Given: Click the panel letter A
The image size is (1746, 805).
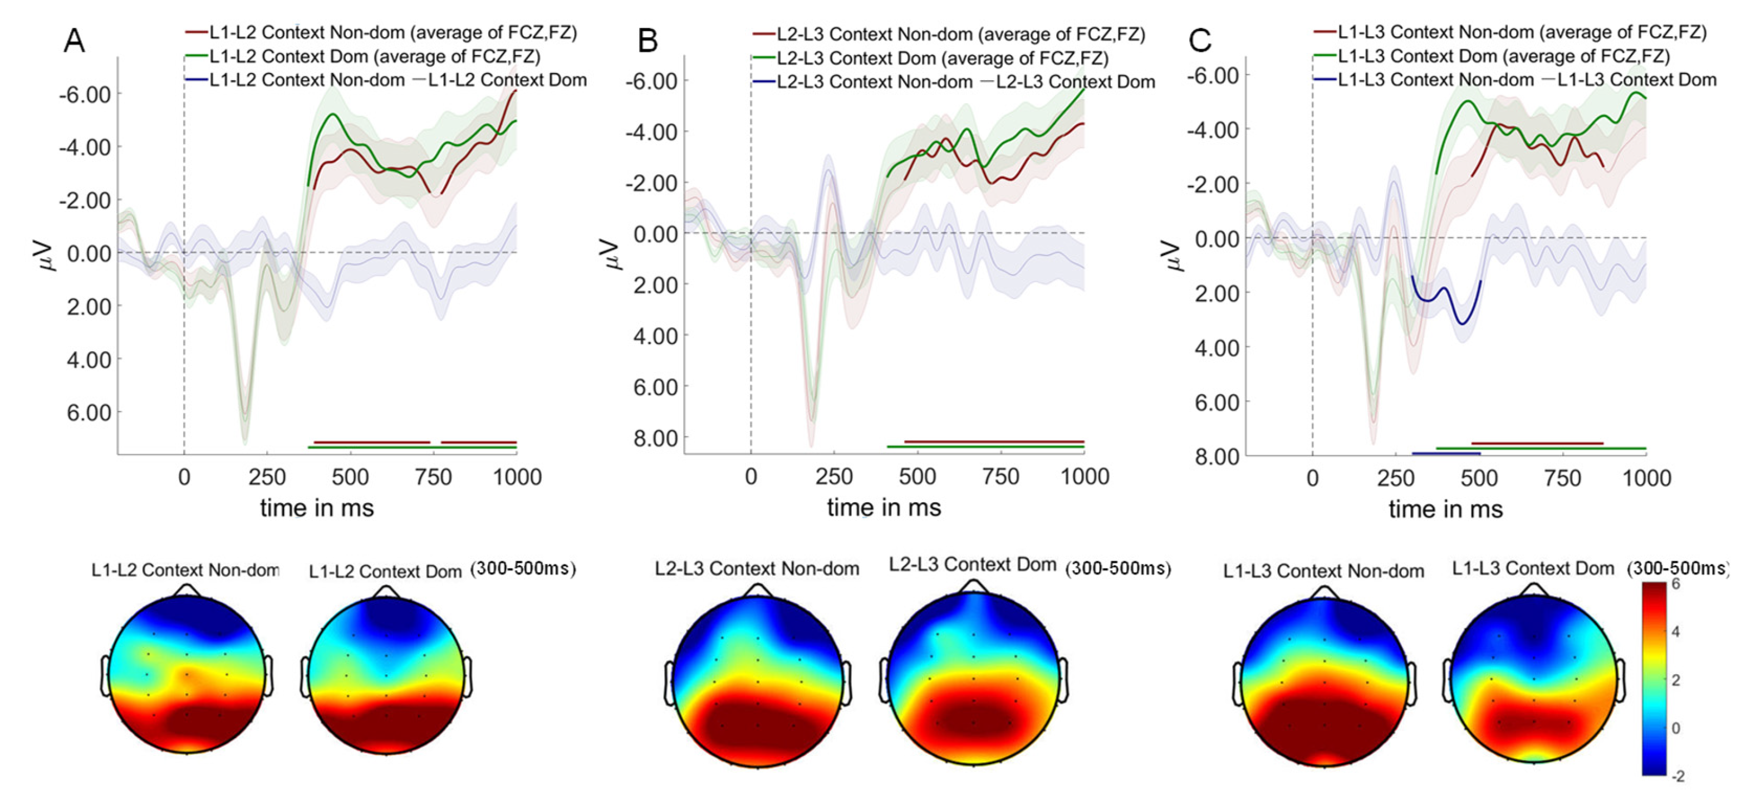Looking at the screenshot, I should pyautogui.click(x=74, y=41).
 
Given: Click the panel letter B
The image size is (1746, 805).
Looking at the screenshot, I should pyautogui.click(x=648, y=41).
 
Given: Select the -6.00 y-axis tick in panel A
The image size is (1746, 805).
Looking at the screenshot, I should pyautogui.click(x=84, y=94).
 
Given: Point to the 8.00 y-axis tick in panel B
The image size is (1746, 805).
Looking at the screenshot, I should pyautogui.click(x=655, y=439).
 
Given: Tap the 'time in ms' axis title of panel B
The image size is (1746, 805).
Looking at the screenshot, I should pyautogui.click(x=884, y=508).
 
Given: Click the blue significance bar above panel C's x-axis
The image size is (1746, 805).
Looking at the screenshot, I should pyautogui.click(x=1446, y=453).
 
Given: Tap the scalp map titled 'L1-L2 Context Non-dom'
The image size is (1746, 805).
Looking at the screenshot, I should pyautogui.click(x=187, y=674).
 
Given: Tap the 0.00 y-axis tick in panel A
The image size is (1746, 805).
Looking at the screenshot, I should pyautogui.click(x=88, y=254).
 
